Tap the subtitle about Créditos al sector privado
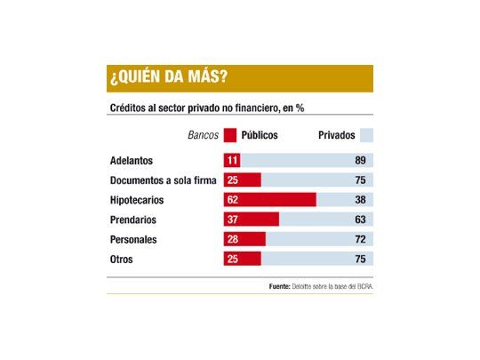206,108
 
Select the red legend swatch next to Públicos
230,136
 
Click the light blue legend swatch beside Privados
366,136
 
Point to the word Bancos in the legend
204,136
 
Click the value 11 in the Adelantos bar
233,161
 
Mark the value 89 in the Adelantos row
360,161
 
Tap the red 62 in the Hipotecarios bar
234,200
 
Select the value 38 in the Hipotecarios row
360,200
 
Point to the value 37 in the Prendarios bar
234,220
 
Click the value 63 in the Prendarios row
360,220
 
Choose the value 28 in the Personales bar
234,239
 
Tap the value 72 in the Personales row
360,239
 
